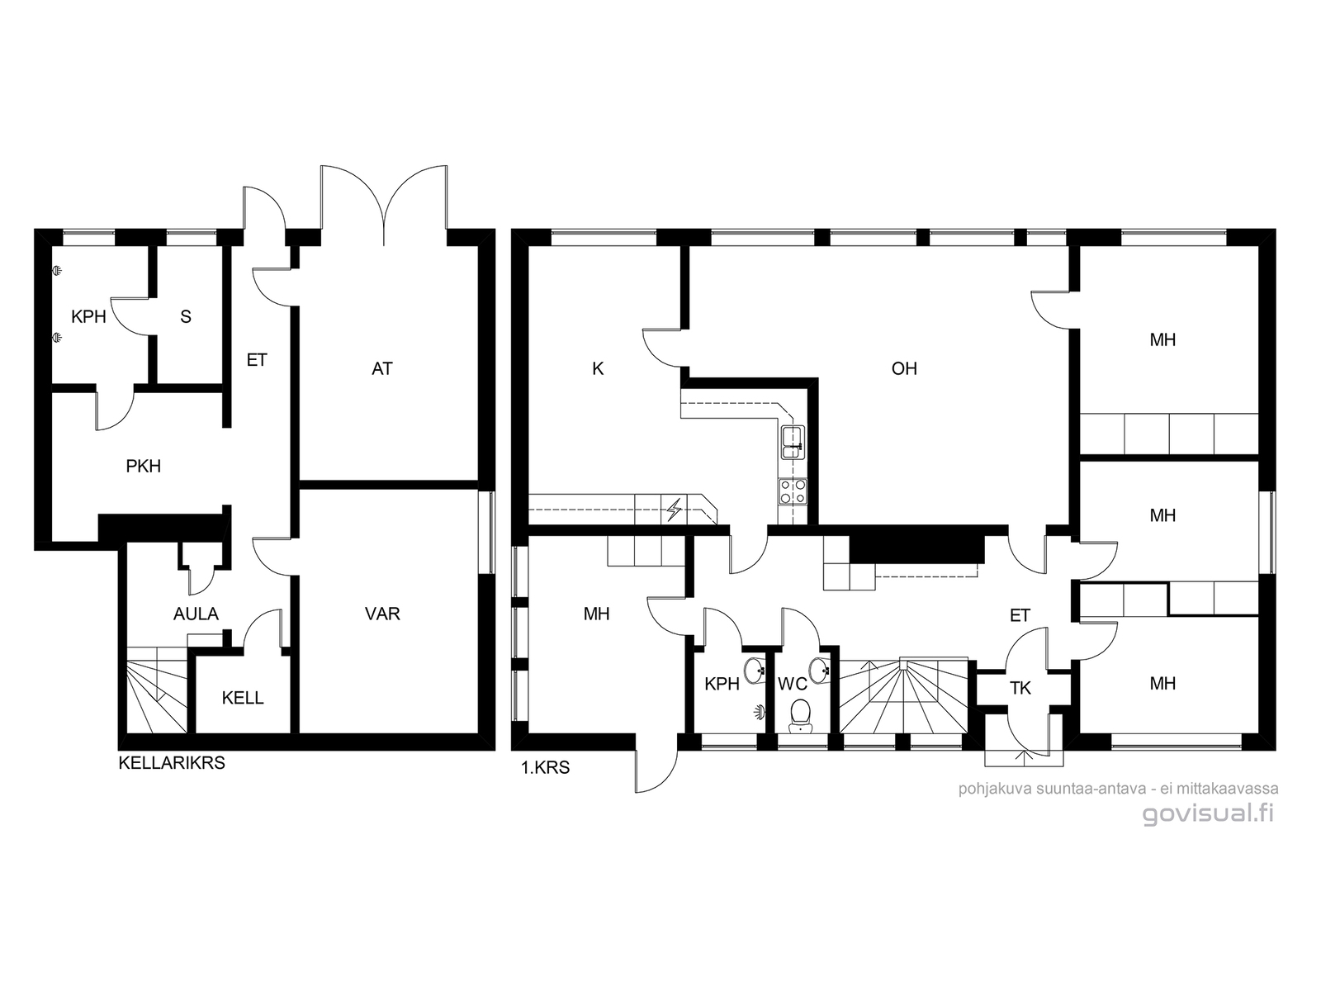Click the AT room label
(x=382, y=368)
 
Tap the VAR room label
(x=382, y=614)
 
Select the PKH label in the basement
(x=143, y=467)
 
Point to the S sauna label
(x=186, y=316)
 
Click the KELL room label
(x=243, y=698)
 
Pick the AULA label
(x=196, y=614)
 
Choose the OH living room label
(x=904, y=368)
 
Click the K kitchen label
(x=598, y=368)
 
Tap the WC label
(x=793, y=684)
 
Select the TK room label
(x=1020, y=688)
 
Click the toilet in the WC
(x=800, y=716)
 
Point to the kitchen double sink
(x=793, y=443)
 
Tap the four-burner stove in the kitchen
(x=793, y=491)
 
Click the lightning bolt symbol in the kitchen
(x=675, y=510)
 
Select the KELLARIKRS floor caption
(x=172, y=763)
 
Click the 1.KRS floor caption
(x=545, y=768)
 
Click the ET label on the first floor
(x=1020, y=615)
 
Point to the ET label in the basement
(x=257, y=360)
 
